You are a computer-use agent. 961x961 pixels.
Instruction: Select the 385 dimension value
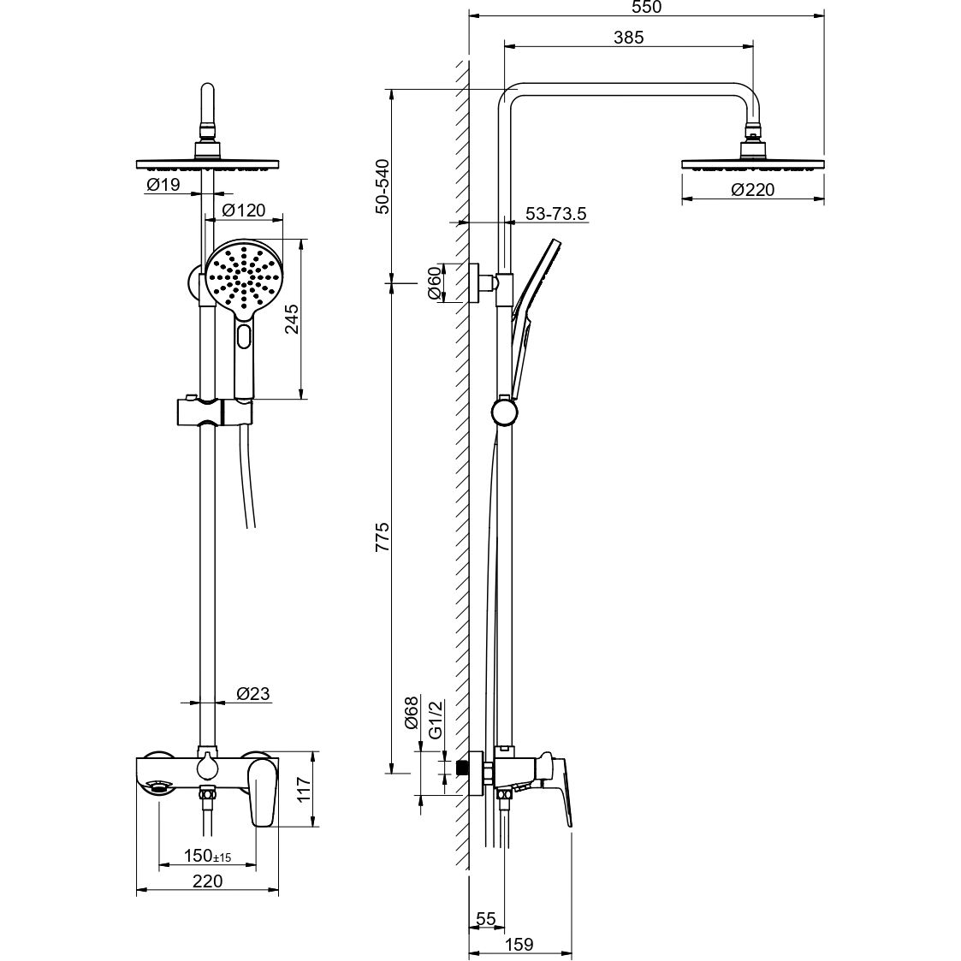click(x=628, y=37)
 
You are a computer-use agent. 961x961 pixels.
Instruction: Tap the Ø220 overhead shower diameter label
click(x=752, y=190)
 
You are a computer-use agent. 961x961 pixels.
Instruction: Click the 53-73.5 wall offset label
click(x=556, y=214)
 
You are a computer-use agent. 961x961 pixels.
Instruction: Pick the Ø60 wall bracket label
click(x=434, y=282)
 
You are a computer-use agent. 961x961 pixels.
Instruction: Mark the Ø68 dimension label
click(x=411, y=712)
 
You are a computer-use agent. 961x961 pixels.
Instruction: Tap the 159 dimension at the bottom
click(x=519, y=944)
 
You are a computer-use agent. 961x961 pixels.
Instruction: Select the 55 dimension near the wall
click(x=485, y=919)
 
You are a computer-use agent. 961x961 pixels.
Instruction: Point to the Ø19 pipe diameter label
click(x=163, y=185)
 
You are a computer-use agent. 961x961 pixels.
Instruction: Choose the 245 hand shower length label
click(x=291, y=318)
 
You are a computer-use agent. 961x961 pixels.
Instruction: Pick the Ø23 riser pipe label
click(x=252, y=694)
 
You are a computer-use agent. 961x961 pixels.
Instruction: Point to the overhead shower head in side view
click(x=752, y=163)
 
